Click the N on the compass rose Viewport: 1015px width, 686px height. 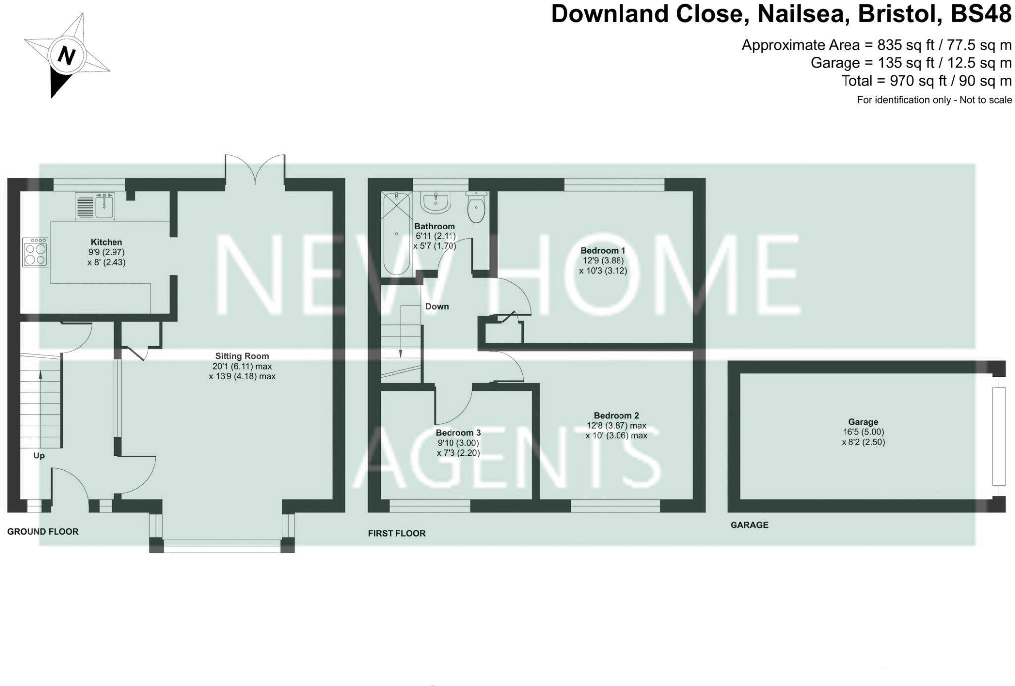66,56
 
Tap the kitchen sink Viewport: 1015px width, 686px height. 95,206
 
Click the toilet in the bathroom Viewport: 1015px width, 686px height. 476,208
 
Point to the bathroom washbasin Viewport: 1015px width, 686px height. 436,202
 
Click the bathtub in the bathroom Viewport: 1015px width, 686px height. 396,233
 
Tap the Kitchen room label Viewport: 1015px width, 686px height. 106,242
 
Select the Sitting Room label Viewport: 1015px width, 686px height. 242,356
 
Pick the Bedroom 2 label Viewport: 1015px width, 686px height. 616,415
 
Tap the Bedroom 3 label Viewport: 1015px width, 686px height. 458,433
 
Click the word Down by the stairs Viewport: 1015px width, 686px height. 437,307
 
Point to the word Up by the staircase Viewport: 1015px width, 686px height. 39,456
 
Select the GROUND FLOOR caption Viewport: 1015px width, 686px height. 43,532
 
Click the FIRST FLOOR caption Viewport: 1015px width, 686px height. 396,533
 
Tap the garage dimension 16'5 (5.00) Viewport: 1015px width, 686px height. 863,432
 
